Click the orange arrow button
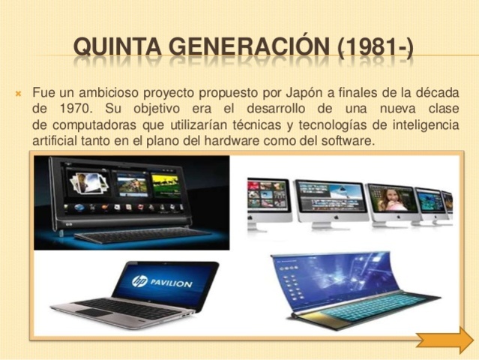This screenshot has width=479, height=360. click(x=445, y=340)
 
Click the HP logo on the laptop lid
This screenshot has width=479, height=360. click(x=139, y=281)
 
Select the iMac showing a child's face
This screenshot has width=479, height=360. click(x=391, y=202)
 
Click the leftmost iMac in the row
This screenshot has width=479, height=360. click(x=268, y=198)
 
